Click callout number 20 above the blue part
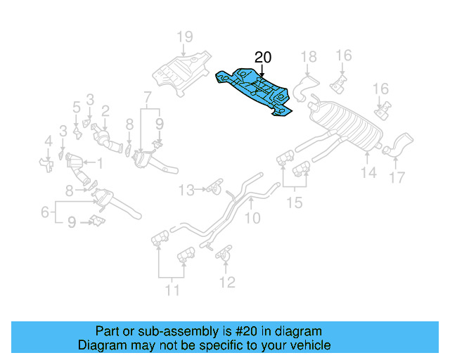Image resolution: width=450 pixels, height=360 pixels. [x=262, y=57]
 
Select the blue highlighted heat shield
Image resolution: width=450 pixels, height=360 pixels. [x=257, y=89]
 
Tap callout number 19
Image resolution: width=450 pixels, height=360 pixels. [x=184, y=37]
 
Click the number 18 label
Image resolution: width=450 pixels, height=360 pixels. [x=309, y=57]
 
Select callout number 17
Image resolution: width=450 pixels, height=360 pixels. [x=397, y=178]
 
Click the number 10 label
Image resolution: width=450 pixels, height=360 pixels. [x=251, y=219]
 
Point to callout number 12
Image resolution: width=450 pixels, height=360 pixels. [x=226, y=283]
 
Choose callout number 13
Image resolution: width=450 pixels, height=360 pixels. [x=186, y=189]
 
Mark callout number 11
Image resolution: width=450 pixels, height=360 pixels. [x=172, y=290]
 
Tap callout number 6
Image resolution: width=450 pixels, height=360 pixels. [x=44, y=210]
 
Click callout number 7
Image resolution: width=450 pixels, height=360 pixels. [x=147, y=96]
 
